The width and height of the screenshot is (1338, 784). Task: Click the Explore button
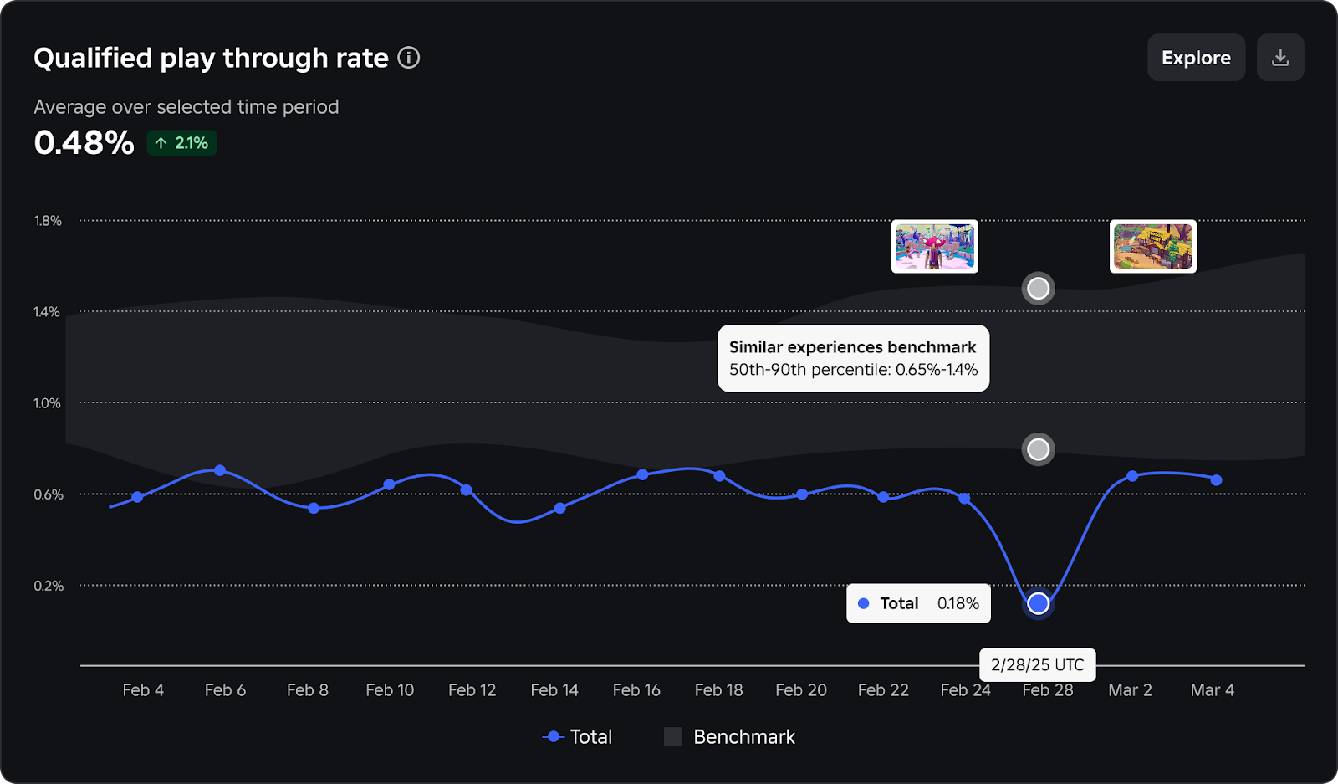point(1196,58)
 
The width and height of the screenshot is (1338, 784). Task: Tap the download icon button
point(1280,58)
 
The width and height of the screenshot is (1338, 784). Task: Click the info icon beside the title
point(408,58)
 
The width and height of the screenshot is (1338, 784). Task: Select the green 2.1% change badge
point(182,143)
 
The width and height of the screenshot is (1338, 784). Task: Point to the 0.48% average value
point(84,143)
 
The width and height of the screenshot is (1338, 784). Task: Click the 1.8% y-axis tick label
point(48,221)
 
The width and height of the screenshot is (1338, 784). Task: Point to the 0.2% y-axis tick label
point(49,586)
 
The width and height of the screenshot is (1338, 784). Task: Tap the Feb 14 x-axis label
point(554,690)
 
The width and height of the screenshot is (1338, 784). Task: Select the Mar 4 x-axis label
point(1212,690)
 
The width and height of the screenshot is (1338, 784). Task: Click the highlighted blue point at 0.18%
point(1038,603)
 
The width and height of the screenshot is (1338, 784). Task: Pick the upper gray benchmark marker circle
point(1038,289)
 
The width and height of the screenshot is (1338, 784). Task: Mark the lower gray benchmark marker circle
point(1038,449)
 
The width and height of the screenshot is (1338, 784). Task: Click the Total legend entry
point(578,737)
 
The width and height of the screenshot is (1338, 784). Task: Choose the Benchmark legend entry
point(729,737)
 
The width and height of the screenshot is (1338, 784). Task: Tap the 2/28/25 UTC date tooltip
point(1037,665)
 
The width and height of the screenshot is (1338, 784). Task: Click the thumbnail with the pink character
point(934,247)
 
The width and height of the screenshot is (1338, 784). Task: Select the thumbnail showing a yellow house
point(1152,247)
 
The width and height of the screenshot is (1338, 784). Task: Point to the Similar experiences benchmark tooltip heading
point(852,347)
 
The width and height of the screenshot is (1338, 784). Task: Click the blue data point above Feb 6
point(220,470)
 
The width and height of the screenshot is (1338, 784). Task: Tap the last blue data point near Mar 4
point(1216,480)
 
